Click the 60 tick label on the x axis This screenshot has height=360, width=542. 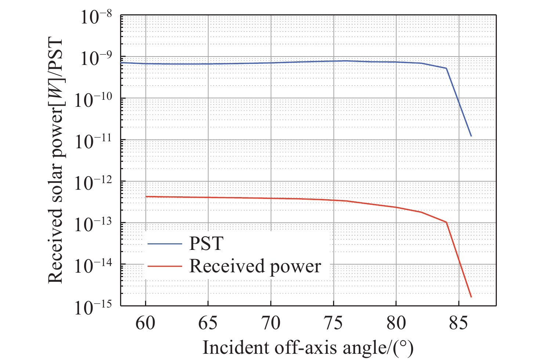[145, 323]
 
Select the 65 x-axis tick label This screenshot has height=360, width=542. [208, 323]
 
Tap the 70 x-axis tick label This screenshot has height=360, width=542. [271, 323]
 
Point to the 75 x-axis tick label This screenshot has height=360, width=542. [333, 323]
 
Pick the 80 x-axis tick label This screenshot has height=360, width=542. [396, 323]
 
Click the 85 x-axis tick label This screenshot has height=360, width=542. [458, 323]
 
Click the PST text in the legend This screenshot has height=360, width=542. [206, 244]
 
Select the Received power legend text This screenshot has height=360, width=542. [255, 266]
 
